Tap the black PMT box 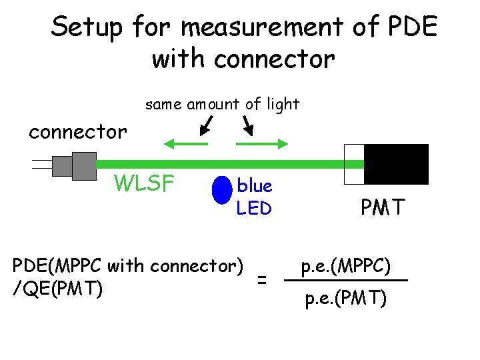(x=396, y=164)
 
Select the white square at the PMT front (x=353, y=164)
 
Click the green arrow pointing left (x=186, y=143)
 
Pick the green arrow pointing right (x=262, y=143)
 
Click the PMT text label (x=382, y=208)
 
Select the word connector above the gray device (x=77, y=132)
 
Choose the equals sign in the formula (x=263, y=281)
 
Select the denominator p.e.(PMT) (x=345, y=298)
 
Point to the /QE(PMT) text (x=57, y=289)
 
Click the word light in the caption (x=282, y=104)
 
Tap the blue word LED (x=254, y=209)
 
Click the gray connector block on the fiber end (x=74, y=164)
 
